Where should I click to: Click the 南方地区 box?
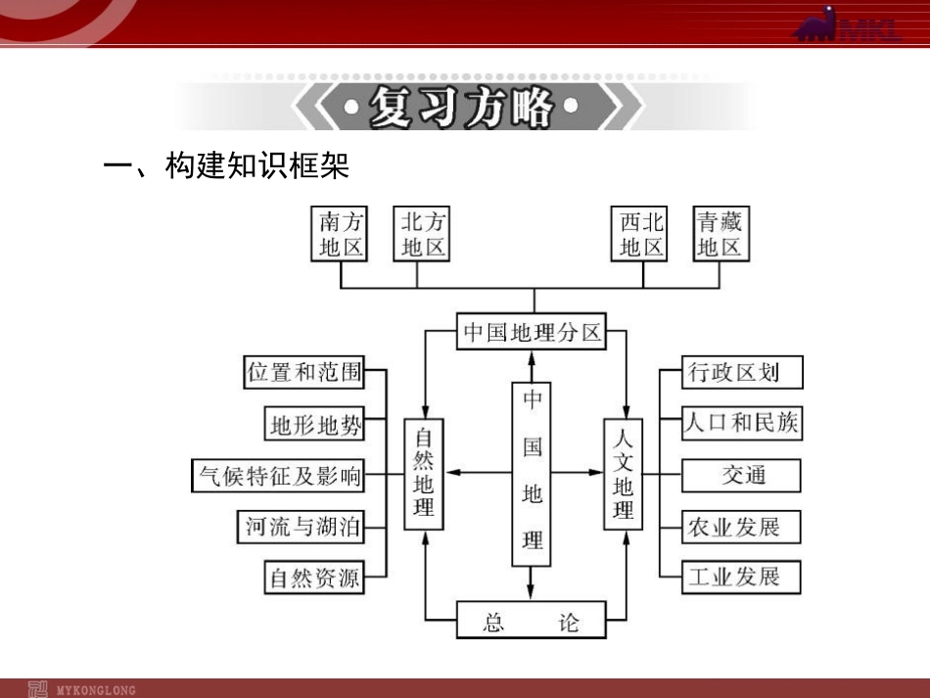(x=341, y=235)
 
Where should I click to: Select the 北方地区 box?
(x=422, y=235)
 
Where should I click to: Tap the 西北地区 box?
(x=641, y=235)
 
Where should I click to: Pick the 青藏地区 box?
(x=720, y=235)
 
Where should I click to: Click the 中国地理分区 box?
(x=533, y=332)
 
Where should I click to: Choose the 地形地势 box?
(x=315, y=425)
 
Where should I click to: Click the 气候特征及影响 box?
(x=278, y=477)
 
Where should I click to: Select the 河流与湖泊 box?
(x=303, y=528)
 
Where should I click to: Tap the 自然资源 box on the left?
(x=315, y=578)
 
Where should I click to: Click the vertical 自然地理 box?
(x=423, y=474)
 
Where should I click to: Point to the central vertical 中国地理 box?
(x=532, y=474)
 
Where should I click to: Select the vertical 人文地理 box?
(x=623, y=474)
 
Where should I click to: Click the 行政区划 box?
(x=743, y=372)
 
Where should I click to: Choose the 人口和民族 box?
(x=743, y=423)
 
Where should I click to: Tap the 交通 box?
(x=743, y=476)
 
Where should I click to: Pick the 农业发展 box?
(x=743, y=527)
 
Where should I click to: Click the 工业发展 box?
(x=743, y=577)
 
